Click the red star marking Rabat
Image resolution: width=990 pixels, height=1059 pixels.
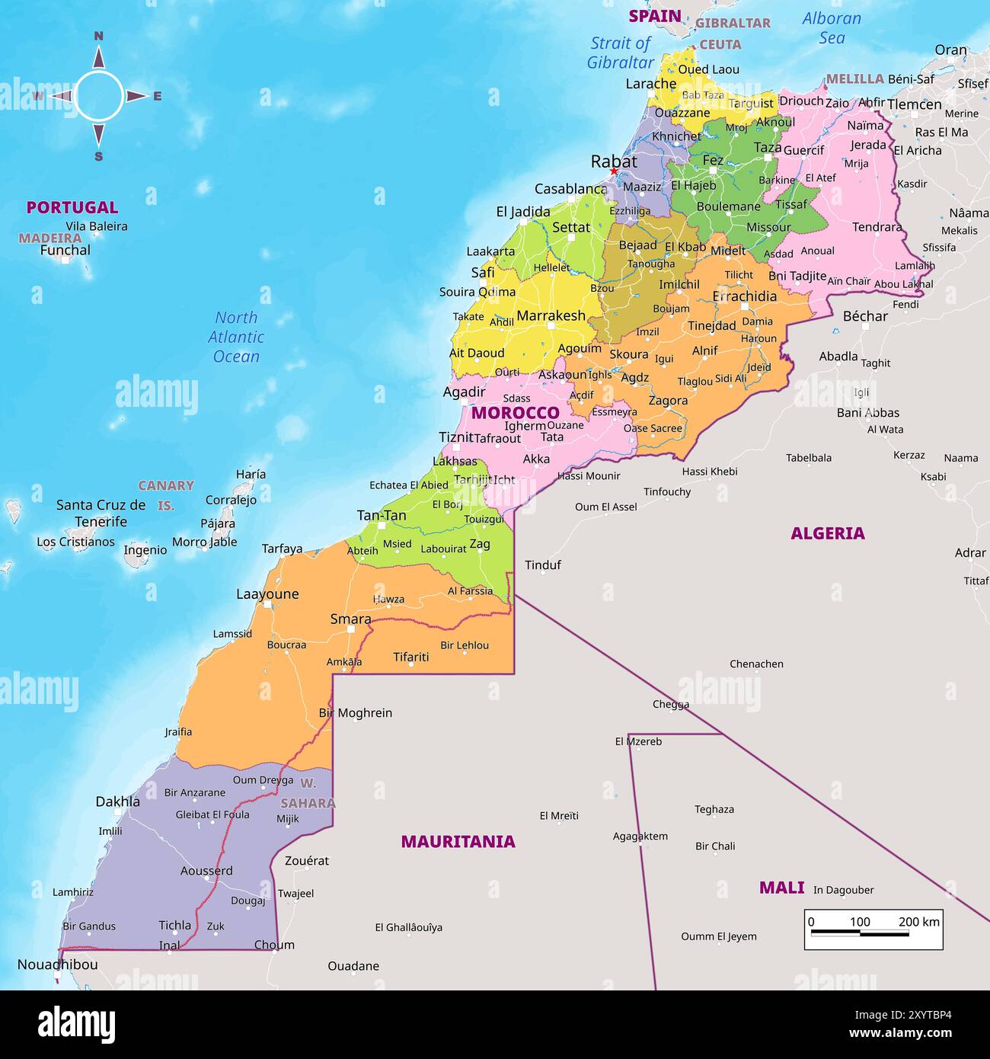(613, 171)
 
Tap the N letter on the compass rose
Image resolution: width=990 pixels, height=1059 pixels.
(98, 36)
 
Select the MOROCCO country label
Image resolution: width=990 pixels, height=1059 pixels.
(515, 413)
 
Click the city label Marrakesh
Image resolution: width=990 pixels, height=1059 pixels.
(551, 315)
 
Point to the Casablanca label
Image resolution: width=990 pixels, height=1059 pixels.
(570, 189)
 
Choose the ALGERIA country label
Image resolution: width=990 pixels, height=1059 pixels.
(827, 533)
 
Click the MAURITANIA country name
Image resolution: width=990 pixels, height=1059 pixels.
(458, 842)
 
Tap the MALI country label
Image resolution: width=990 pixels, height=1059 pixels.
(781, 888)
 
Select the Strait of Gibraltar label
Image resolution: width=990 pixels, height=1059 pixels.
(621, 53)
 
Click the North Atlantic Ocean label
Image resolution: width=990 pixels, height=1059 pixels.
(236, 337)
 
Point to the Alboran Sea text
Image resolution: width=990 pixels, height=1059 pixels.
(832, 28)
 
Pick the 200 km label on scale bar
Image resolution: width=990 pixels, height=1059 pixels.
(918, 922)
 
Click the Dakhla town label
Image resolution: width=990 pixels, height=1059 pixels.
(117, 801)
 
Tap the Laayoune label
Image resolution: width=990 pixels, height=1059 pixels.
(267, 594)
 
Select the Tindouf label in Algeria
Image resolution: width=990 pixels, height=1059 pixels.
(542, 565)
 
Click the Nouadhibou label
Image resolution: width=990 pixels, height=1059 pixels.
(57, 965)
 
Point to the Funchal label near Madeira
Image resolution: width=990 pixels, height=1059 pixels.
(65, 250)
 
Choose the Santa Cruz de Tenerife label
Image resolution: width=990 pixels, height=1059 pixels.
(101, 514)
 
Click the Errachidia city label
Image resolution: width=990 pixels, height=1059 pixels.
(744, 296)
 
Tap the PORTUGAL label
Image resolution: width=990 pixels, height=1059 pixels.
(72, 207)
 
